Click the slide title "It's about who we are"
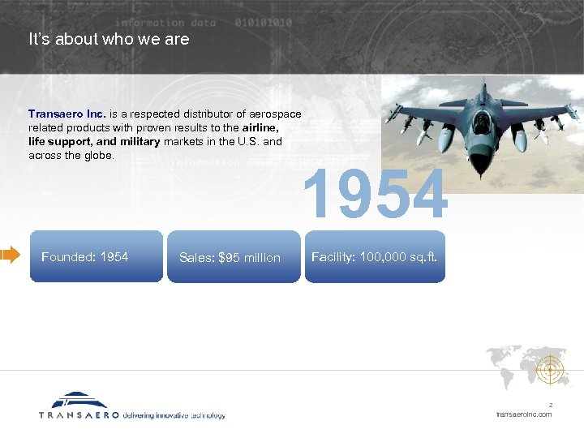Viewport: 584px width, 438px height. pos(109,39)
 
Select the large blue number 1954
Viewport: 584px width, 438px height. pos(375,195)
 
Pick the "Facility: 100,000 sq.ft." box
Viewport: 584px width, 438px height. pos(375,257)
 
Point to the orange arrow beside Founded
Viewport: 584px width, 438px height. pos(10,256)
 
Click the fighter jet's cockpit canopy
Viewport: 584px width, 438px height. pos(482,122)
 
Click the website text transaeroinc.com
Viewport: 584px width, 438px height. pos(523,414)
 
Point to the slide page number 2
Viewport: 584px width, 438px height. pos(550,404)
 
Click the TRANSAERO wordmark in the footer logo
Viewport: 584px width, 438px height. pos(79,414)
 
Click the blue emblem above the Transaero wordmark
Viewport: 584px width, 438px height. pos(79,400)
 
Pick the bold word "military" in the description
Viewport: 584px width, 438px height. pos(134,142)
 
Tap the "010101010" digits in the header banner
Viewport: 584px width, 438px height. pos(263,23)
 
